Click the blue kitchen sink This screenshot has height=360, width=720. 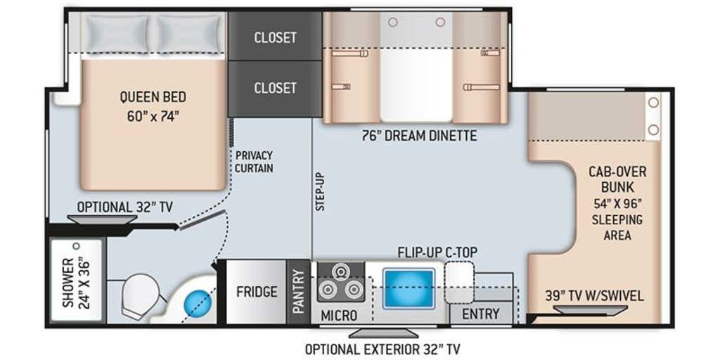pyautogui.click(x=409, y=289)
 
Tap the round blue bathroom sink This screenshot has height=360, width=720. pyautogui.click(x=198, y=303)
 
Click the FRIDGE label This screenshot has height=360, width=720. pyautogui.click(x=257, y=292)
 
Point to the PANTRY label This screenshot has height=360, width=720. pyautogui.click(x=298, y=292)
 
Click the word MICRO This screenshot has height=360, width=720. pyautogui.click(x=339, y=316)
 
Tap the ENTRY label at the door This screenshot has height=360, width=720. pyautogui.click(x=481, y=314)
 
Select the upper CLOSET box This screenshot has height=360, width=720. pyautogui.click(x=275, y=37)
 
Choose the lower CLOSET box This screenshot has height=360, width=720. pyautogui.click(x=275, y=88)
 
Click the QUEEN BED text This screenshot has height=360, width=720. pyautogui.click(x=153, y=97)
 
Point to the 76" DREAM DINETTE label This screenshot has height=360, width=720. pyautogui.click(x=419, y=136)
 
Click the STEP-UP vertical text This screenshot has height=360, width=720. pyautogui.click(x=320, y=191)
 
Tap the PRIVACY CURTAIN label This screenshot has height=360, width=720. pyautogui.click(x=253, y=162)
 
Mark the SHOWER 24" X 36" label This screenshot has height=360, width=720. pyautogui.click(x=76, y=282)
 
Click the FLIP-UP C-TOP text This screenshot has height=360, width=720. pyautogui.click(x=437, y=252)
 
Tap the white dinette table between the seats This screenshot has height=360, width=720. pyautogui.click(x=416, y=84)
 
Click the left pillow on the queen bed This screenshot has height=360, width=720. pyautogui.click(x=117, y=33)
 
